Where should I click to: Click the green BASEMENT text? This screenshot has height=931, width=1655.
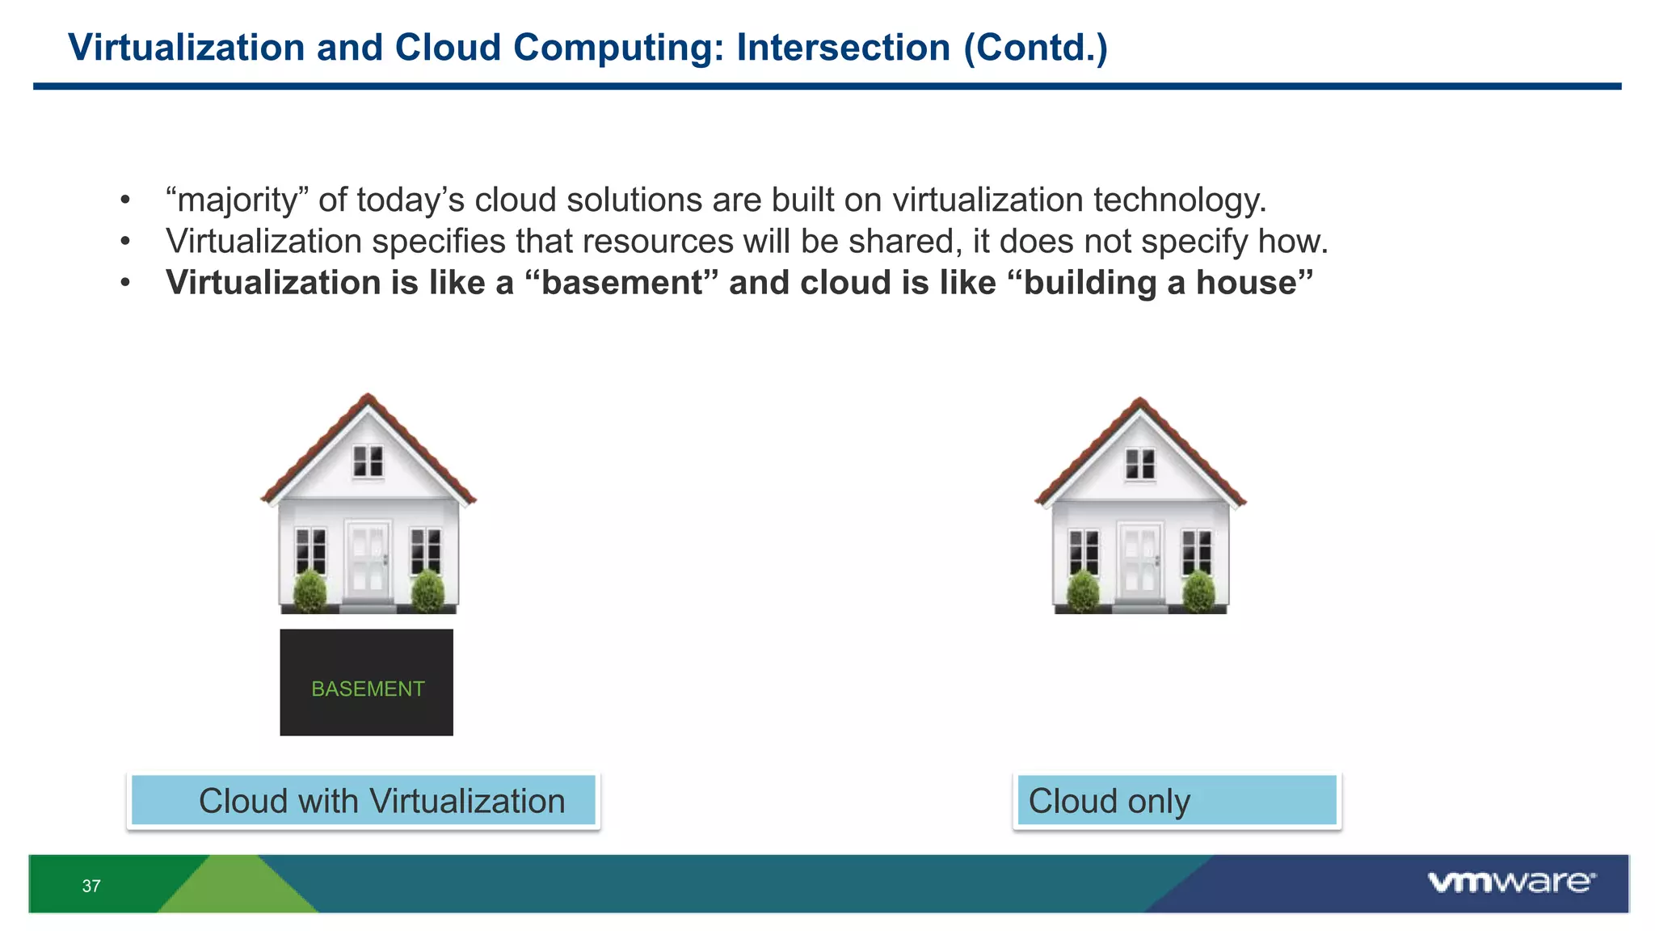coord(368,689)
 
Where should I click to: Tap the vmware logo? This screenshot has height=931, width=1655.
coord(1511,882)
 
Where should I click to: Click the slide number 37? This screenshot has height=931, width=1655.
coord(91,886)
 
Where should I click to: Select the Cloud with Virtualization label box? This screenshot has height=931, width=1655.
coord(364,801)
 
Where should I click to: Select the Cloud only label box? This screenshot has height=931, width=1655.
coord(1177,801)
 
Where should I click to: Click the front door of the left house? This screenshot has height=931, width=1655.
coord(368,560)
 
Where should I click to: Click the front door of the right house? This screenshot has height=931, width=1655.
coord(1140,560)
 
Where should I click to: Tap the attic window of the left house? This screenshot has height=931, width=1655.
coord(368,461)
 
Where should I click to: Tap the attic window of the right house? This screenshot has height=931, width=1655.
coord(1140,464)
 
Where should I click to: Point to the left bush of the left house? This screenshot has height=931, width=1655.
coord(310,592)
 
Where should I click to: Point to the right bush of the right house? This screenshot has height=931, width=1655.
coord(1198,592)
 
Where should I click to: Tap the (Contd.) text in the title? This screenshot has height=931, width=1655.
coord(1035,48)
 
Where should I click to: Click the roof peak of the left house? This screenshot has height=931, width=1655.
coord(368,398)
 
